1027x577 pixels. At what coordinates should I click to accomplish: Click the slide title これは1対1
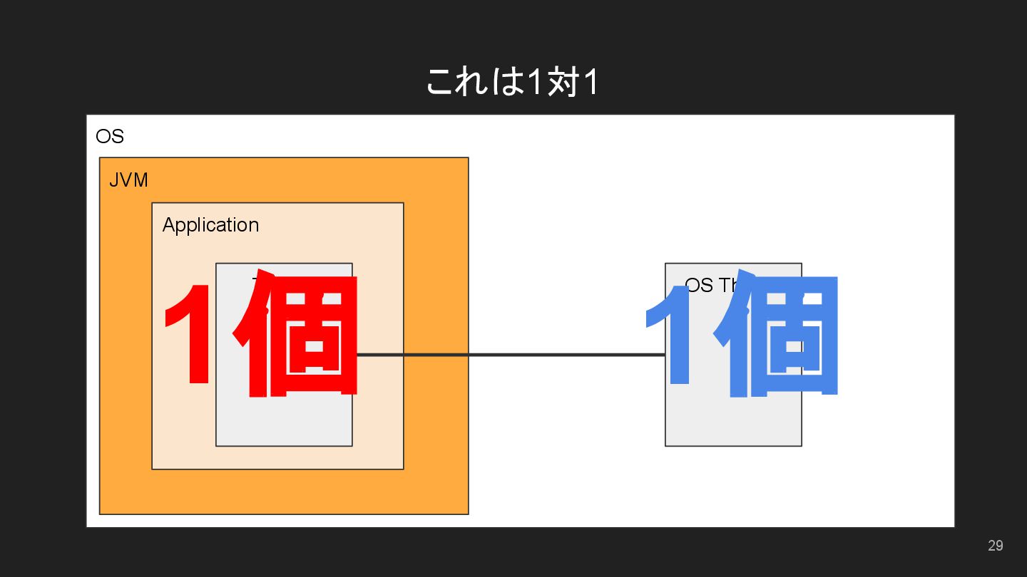[512, 82]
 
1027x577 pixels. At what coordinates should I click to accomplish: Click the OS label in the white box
[110, 136]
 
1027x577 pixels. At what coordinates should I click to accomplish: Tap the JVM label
[128, 180]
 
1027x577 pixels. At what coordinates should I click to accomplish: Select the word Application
[210, 225]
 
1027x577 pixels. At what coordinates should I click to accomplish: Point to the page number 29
[995, 546]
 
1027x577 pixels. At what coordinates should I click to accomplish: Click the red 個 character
[300, 335]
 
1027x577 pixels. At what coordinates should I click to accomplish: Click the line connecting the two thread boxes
[510, 355]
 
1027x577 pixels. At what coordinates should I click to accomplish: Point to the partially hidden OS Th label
[710, 285]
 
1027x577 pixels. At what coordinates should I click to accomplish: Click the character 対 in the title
[562, 83]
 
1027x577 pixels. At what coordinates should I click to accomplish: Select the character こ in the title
[442, 83]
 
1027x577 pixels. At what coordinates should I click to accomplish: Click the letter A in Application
[168, 225]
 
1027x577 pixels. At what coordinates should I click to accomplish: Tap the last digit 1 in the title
[590, 83]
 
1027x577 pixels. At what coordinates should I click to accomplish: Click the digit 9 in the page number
[999, 546]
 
